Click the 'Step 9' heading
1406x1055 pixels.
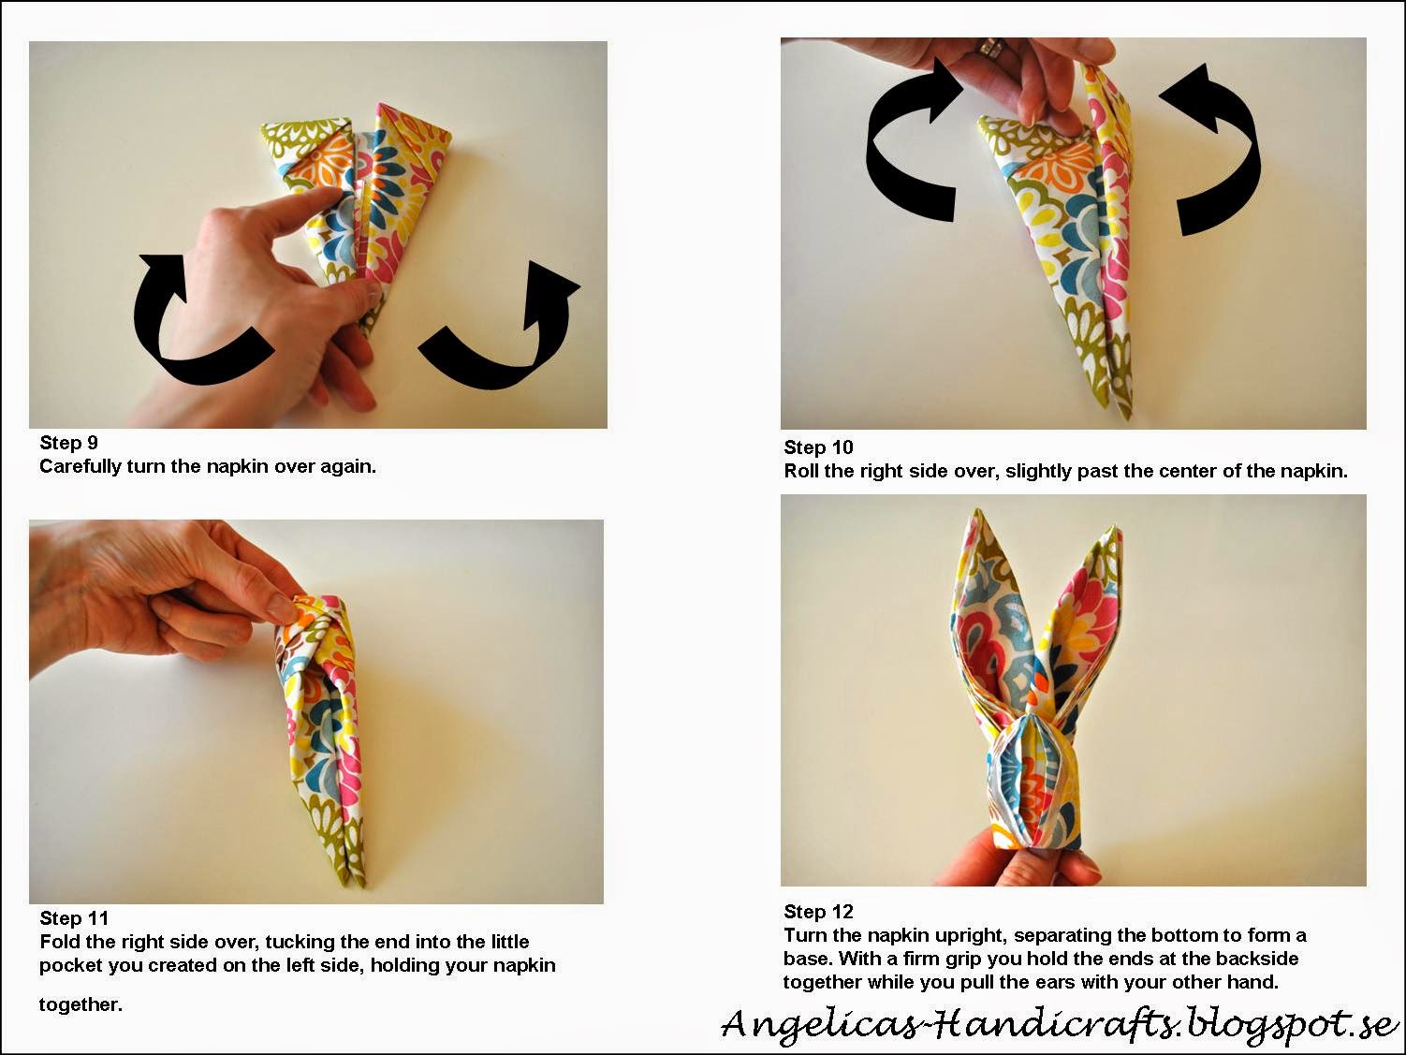tap(68, 443)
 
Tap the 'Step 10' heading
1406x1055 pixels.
tap(819, 447)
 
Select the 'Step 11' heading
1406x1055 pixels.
tap(74, 918)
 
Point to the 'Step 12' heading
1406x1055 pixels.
tap(819, 912)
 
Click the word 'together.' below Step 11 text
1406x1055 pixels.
tap(81, 1004)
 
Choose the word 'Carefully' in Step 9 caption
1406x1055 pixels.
tap(81, 467)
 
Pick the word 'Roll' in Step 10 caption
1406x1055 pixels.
tap(802, 471)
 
